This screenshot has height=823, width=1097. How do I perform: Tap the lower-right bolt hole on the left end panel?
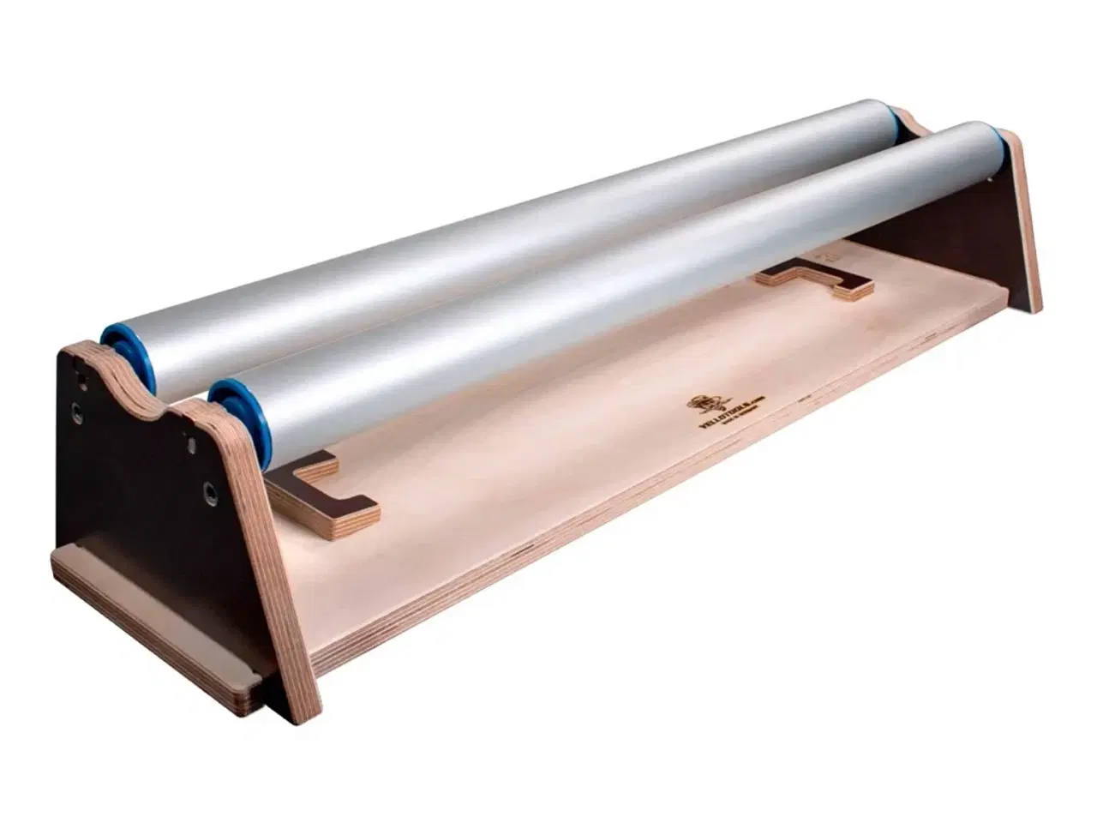208,490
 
